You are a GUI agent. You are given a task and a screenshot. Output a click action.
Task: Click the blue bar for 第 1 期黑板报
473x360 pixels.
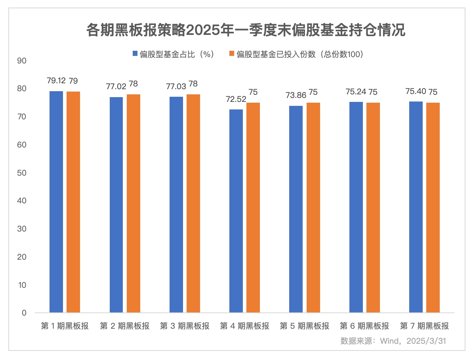tap(56, 202)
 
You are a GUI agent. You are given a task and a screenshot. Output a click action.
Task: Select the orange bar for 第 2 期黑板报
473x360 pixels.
tap(134, 203)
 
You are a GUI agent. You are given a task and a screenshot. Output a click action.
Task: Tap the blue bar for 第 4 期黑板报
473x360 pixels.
tap(236, 211)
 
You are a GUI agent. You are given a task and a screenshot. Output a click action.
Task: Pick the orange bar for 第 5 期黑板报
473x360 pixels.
tap(313, 207)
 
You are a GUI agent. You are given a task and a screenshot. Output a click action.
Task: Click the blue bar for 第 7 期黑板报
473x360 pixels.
tap(416, 207)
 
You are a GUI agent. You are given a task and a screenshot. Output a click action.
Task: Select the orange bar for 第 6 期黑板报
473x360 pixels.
tap(373, 207)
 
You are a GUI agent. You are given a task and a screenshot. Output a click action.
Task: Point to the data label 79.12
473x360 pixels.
tap(56, 81)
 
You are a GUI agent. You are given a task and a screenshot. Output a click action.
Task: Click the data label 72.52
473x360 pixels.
tap(236, 100)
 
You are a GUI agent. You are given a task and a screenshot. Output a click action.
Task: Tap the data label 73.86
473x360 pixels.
tap(296, 96)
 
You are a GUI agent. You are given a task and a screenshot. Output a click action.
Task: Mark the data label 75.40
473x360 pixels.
tap(416, 92)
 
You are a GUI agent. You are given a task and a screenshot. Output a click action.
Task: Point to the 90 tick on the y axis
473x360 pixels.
tap(22, 61)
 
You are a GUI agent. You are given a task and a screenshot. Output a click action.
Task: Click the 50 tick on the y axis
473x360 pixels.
tap(22, 173)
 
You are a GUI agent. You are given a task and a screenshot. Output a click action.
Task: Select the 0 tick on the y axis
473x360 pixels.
tap(24, 313)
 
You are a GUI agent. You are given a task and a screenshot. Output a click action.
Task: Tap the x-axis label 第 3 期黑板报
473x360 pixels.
tap(185, 326)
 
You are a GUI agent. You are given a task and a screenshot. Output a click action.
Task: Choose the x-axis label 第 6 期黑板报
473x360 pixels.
tap(364, 326)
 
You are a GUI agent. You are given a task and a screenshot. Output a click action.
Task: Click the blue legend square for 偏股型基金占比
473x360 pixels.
tap(135, 54)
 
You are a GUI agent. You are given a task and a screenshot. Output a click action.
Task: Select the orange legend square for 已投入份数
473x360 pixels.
tap(232, 54)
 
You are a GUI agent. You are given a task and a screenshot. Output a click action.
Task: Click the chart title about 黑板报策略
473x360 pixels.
tap(246, 31)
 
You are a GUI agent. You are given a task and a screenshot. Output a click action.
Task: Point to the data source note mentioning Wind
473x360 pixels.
tap(393, 341)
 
